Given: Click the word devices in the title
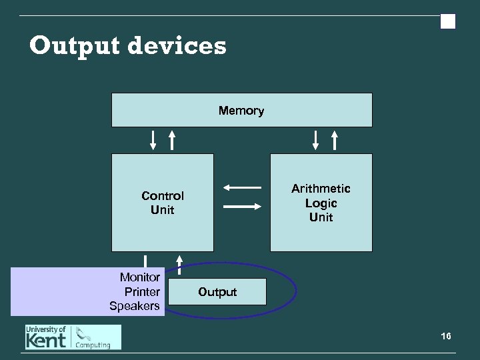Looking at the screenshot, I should point(177,47).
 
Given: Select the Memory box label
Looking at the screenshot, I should point(241,111).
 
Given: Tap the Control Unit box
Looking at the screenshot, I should point(163,203).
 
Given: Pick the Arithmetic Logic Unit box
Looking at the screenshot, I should point(321,203).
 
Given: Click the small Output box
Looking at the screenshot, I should point(217,292).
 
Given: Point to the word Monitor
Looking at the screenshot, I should point(140,277).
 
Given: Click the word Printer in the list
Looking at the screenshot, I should point(142,291).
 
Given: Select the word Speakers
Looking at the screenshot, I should point(135,306).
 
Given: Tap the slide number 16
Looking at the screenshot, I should point(446,336).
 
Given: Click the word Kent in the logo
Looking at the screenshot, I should point(46,341).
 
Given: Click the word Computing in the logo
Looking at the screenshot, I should point(93,345).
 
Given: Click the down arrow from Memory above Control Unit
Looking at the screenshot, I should point(153,140).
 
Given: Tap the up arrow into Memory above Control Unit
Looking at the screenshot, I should point(172,140).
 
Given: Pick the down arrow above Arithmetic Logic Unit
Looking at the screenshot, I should point(316,140).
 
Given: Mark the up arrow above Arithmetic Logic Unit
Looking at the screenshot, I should point(335,140).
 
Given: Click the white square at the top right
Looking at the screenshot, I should point(448,22).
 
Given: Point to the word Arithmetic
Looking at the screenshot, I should point(321,189).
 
